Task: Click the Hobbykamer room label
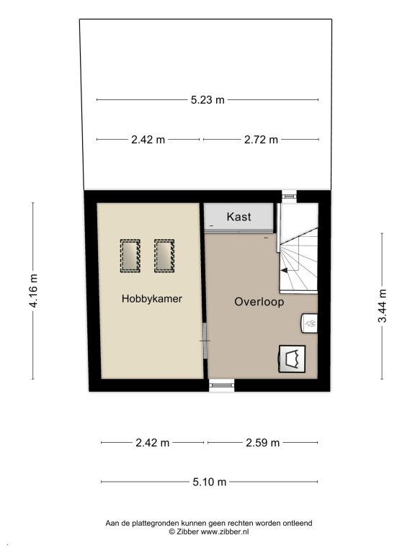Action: [x=152, y=299]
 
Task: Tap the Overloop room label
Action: [x=259, y=302]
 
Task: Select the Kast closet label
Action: [x=238, y=217]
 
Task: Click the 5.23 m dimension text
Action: [x=207, y=100]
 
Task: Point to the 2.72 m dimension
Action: [x=261, y=140]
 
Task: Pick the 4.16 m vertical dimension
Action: [x=34, y=291]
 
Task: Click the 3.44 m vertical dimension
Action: [x=382, y=306]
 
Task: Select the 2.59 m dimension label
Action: [x=262, y=442]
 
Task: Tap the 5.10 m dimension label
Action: [x=209, y=482]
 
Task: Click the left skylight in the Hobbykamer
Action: [x=130, y=256]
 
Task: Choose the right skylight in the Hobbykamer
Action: [x=164, y=256]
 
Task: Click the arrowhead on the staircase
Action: [x=284, y=271]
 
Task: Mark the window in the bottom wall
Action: [x=222, y=385]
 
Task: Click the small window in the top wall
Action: [x=290, y=197]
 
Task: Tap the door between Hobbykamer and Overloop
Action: [x=205, y=341]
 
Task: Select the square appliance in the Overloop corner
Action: [x=293, y=359]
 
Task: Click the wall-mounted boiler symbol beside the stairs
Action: [x=310, y=323]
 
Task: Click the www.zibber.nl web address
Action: [x=225, y=532]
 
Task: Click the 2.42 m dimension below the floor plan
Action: [x=153, y=442]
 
